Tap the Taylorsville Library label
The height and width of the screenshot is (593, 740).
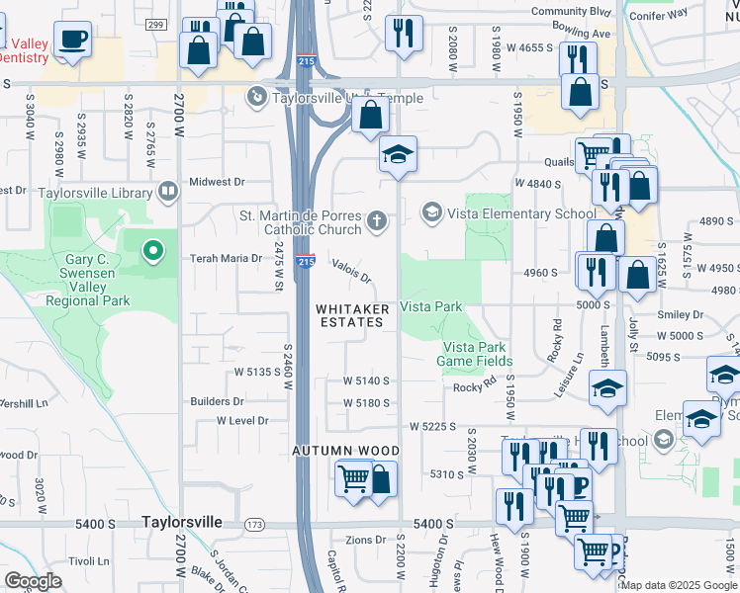[95, 193]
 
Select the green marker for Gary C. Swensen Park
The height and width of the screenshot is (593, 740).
[152, 253]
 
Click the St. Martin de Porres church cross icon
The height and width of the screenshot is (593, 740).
[376, 220]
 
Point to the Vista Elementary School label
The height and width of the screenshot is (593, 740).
[520, 212]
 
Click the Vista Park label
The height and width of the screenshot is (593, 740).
[431, 307]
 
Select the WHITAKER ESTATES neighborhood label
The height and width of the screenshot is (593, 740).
[352, 315]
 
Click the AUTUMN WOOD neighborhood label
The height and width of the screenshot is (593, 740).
[344, 451]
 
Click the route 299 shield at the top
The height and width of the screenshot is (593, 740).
[154, 24]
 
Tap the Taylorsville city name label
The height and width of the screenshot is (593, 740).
[185, 521]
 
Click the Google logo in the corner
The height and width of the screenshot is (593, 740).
[33, 581]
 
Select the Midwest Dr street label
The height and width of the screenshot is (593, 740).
[217, 182]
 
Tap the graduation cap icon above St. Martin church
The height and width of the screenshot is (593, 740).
[398, 155]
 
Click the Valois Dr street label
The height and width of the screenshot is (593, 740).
[352, 271]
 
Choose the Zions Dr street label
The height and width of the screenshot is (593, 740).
[365, 540]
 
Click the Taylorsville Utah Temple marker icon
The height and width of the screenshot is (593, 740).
[256, 97]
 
